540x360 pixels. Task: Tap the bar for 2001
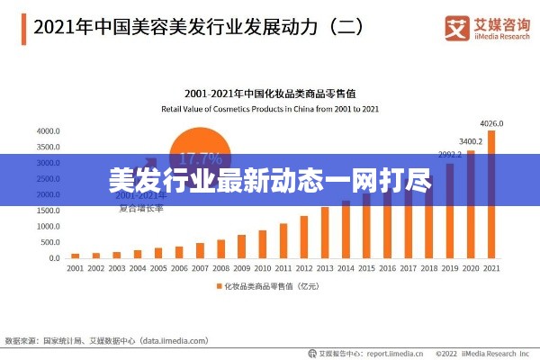pyautogui.click(x=76, y=256)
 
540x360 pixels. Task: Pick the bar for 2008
pyautogui.click(x=220, y=249)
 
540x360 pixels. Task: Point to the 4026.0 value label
pyautogui.click(x=491, y=123)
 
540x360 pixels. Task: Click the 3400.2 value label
pyautogui.click(x=471, y=141)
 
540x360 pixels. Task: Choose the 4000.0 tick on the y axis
pyautogui.click(x=48, y=130)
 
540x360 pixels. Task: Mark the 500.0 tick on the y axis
pyautogui.click(x=49, y=242)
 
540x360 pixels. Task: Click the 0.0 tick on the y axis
pyautogui.click(x=54, y=258)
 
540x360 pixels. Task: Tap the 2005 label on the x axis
pyautogui.click(x=158, y=268)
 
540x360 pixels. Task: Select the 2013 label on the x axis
pyautogui.click(x=325, y=268)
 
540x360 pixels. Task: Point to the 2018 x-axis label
pyautogui.click(x=428, y=268)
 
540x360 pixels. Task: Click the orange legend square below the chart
pyautogui.click(x=217, y=287)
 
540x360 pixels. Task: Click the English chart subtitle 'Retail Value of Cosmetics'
pyautogui.click(x=270, y=108)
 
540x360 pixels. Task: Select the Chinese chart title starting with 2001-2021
pyautogui.click(x=270, y=94)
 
